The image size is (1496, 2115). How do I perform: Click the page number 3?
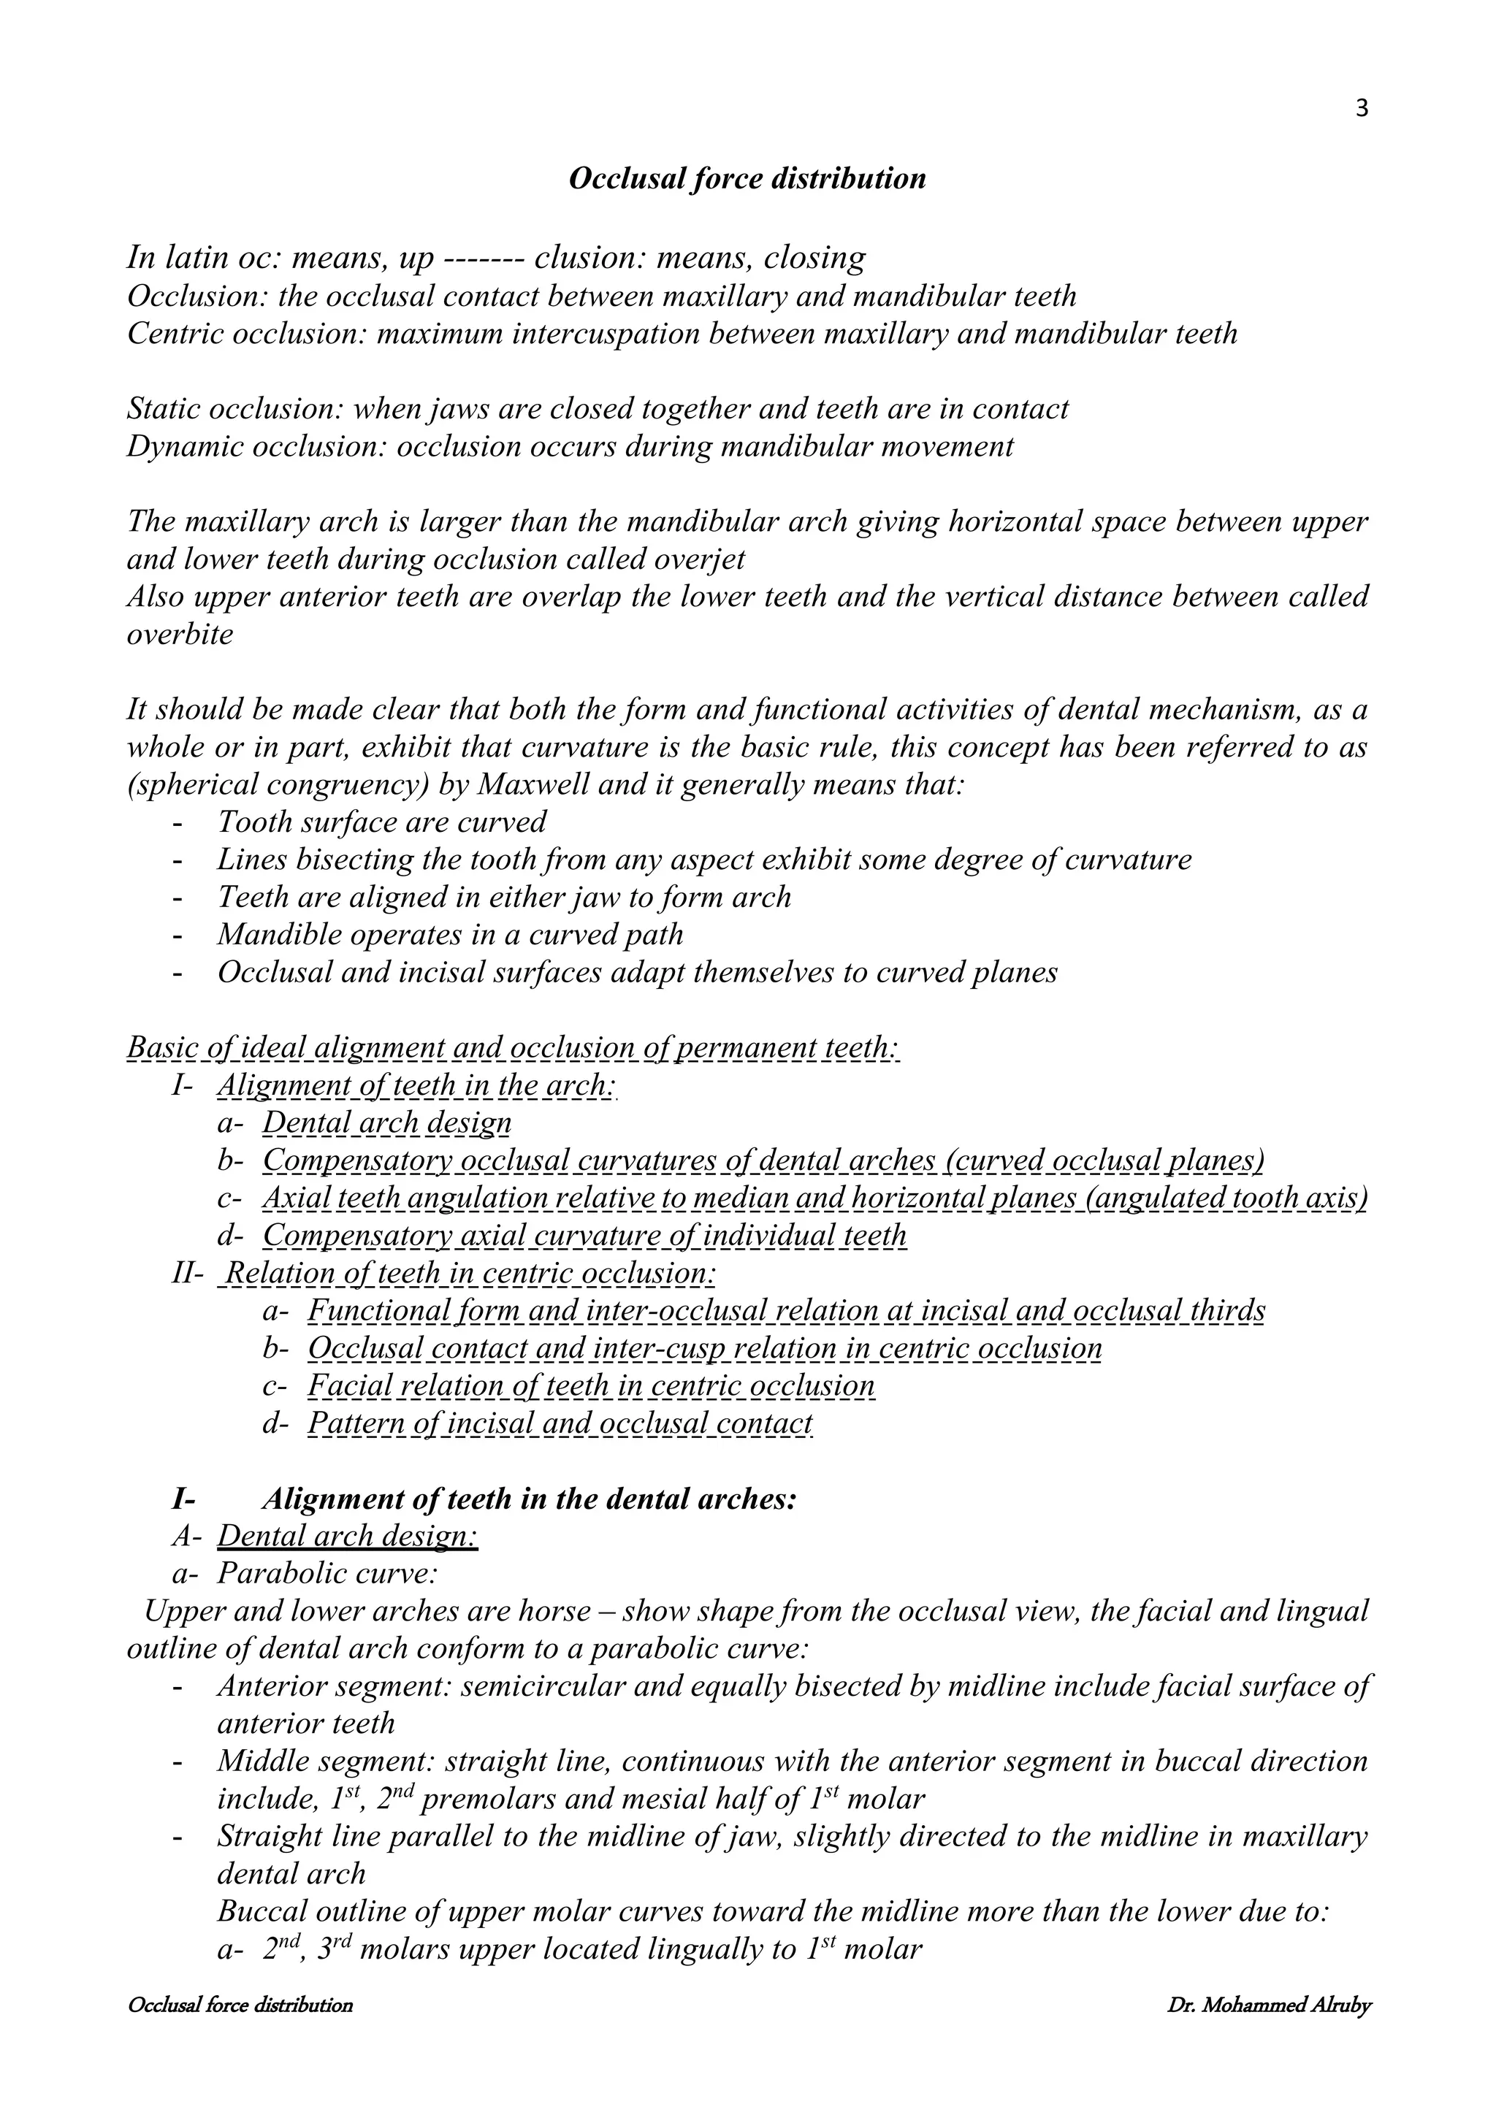click(1362, 110)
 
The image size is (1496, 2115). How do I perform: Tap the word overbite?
click(180, 635)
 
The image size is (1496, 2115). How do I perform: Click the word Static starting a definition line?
click(162, 409)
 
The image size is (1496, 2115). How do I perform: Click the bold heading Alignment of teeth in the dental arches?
click(530, 1499)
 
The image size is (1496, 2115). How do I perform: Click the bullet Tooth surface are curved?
click(381, 822)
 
